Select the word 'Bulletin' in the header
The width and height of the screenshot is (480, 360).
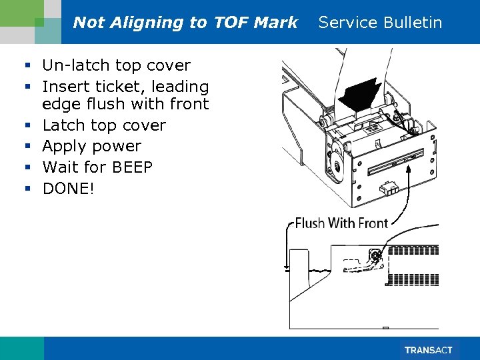(413, 23)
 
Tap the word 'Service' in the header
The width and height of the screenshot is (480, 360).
(347, 23)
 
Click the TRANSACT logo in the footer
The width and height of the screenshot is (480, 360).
(428, 350)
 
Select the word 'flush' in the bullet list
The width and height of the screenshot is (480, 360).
(95, 104)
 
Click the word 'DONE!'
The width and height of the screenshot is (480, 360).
(69, 189)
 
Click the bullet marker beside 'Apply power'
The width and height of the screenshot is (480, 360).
(28, 147)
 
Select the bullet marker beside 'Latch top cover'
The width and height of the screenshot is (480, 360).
(28, 125)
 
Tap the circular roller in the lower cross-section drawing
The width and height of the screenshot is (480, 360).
(375, 255)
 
